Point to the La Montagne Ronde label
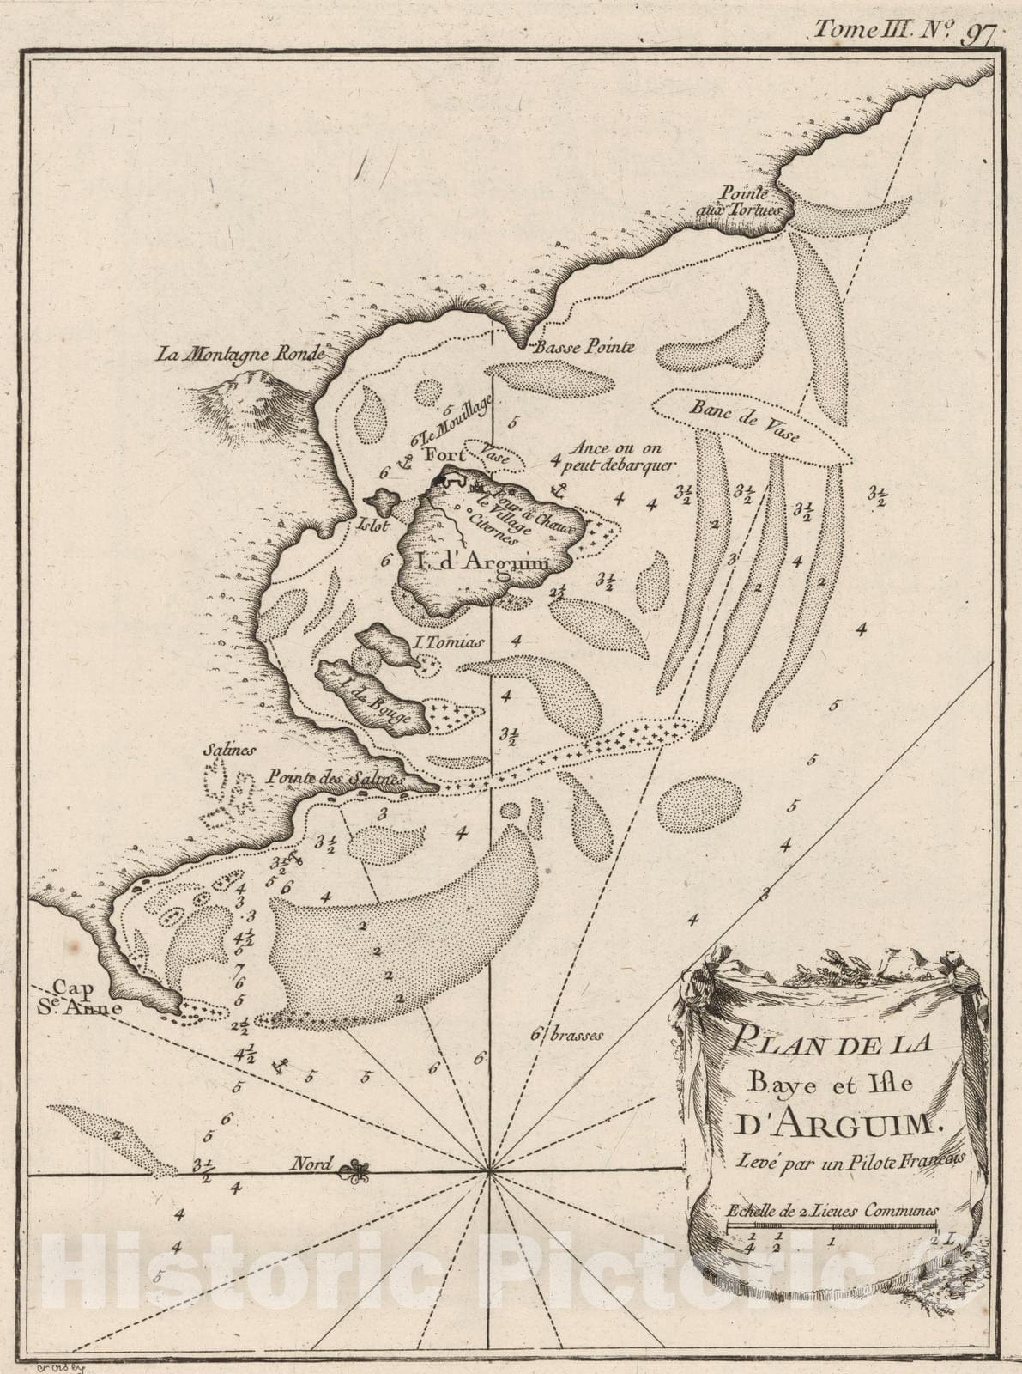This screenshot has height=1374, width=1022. [240, 353]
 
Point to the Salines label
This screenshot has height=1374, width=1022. [229, 750]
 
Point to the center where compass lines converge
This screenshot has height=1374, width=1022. [489, 1171]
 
